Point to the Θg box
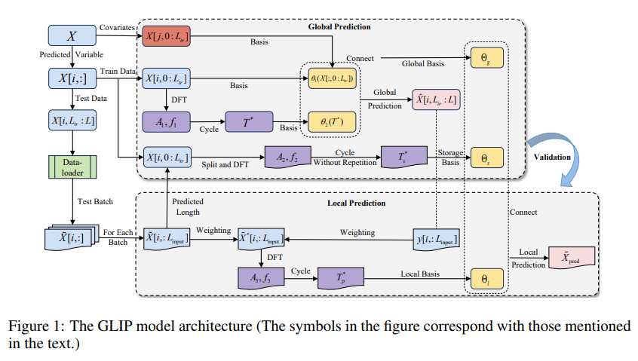[x=482, y=57]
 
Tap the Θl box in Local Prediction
[x=482, y=278]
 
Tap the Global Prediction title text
[x=339, y=27]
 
